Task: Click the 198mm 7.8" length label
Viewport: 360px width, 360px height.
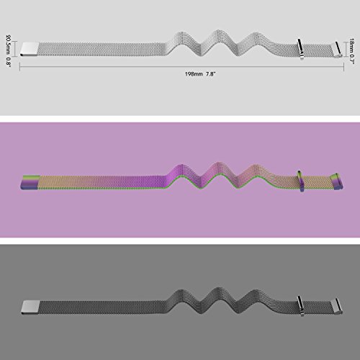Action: tap(200, 74)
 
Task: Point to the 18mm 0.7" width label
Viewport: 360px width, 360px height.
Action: tap(351, 51)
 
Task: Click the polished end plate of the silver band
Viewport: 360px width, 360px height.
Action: tap(30, 49)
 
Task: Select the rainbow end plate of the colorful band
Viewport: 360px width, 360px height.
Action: tap(30, 182)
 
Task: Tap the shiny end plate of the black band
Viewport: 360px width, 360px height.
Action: tap(30, 307)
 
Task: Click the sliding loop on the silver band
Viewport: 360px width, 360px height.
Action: tap(300, 49)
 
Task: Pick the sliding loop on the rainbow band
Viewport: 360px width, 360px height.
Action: tap(301, 181)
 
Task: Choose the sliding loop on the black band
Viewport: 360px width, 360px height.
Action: tap(300, 306)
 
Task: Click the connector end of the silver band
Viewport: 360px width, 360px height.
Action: tap(338, 50)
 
